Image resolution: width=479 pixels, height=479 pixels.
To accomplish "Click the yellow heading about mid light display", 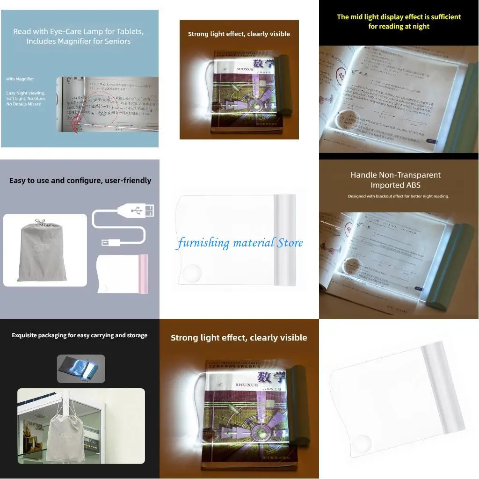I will click(x=399, y=22).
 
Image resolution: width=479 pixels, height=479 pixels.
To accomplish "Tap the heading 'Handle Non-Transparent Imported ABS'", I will click(x=396, y=180).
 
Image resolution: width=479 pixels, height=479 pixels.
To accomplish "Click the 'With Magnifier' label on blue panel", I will click(x=20, y=79).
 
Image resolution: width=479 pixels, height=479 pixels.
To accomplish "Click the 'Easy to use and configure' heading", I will click(x=80, y=181).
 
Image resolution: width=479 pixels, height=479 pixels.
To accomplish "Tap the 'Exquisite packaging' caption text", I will click(x=80, y=335).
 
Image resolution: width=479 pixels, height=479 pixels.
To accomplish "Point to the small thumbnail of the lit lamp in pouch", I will click(x=81, y=369).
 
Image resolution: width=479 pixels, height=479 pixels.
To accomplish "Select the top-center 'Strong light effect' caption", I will click(x=239, y=34).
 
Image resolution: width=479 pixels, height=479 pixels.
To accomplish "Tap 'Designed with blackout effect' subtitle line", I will click(x=398, y=196).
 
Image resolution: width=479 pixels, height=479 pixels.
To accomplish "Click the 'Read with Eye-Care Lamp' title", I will click(x=78, y=36).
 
